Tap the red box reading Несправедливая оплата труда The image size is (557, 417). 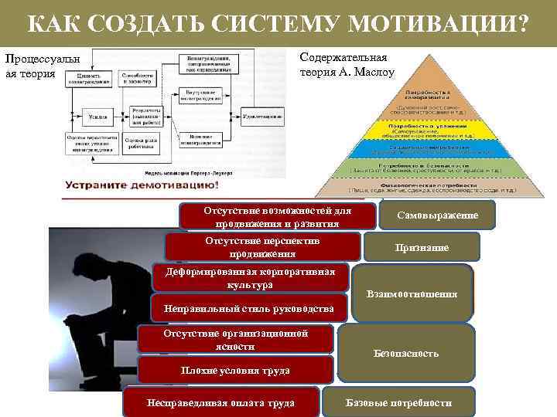point(220,403)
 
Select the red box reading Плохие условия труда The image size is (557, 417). point(235,370)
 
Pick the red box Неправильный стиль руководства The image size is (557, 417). point(244,309)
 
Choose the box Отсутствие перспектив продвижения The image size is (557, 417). point(263,247)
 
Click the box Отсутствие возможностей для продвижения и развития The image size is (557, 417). point(277,217)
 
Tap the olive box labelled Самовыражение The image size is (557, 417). point(437,215)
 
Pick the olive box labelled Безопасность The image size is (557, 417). point(407,353)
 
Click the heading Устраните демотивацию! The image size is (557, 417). point(142,186)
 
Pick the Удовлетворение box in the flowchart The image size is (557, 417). point(261,114)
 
